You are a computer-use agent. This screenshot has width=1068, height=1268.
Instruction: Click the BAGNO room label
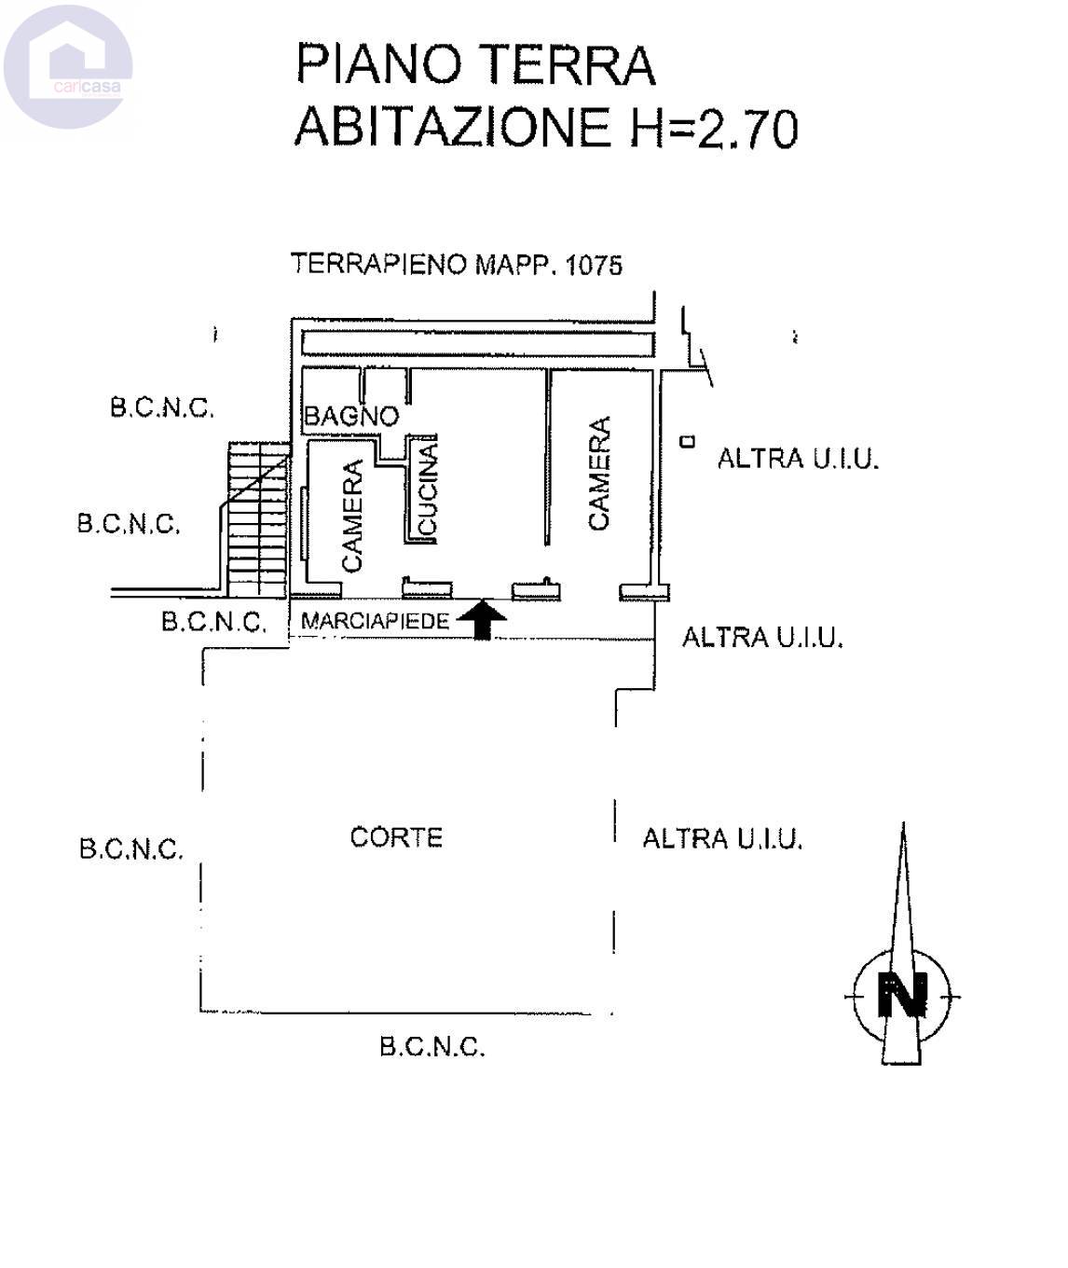click(x=351, y=416)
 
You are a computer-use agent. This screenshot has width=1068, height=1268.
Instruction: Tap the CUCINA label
click(x=428, y=489)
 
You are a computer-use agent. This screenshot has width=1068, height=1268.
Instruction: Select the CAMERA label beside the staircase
click(x=352, y=516)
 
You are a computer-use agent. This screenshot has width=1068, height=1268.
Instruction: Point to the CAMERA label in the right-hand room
click(x=598, y=473)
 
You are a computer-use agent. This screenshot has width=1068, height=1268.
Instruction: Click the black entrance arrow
click(x=482, y=619)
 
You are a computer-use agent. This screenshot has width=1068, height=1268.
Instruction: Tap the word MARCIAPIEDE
click(x=376, y=621)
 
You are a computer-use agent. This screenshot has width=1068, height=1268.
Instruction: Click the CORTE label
click(x=396, y=837)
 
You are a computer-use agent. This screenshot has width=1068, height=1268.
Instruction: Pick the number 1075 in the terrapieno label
click(x=594, y=266)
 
